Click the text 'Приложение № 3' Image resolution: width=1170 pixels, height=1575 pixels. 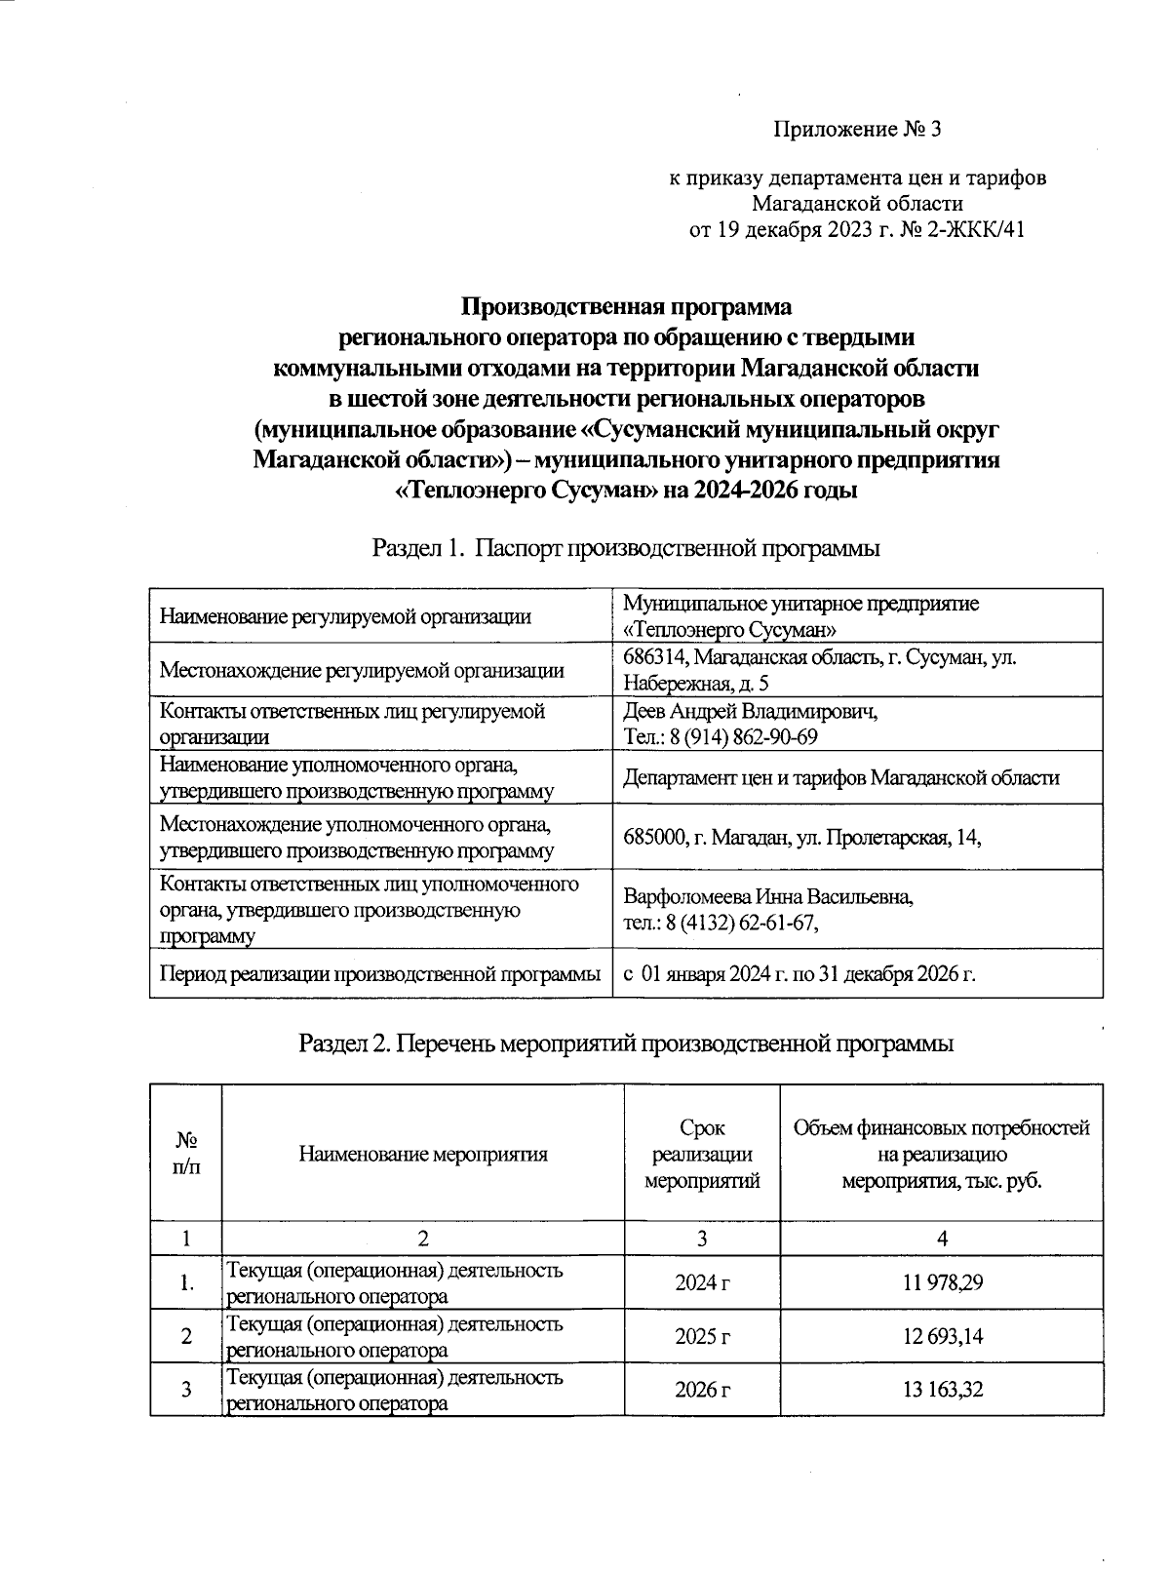click(859, 129)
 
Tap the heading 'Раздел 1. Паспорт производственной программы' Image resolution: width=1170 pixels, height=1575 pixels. click(626, 548)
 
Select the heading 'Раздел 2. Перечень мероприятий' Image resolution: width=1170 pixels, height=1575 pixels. click(625, 1043)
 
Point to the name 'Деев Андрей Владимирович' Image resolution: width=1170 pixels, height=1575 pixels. click(749, 711)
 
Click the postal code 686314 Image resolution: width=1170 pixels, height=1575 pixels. click(655, 657)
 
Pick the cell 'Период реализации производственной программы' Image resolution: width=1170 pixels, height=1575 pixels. click(379, 973)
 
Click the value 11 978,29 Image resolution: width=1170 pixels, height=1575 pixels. click(941, 1281)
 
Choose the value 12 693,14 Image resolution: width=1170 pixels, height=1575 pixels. click(941, 1336)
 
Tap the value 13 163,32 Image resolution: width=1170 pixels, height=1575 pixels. click(941, 1389)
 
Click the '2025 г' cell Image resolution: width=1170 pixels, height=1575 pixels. click(702, 1336)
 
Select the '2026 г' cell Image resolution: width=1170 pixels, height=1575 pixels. click(702, 1389)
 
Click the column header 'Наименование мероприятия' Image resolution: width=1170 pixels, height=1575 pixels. click(422, 1155)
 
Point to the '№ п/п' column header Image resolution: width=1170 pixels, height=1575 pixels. click(185, 1153)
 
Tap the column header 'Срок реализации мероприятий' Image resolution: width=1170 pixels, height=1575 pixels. click(702, 1155)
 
